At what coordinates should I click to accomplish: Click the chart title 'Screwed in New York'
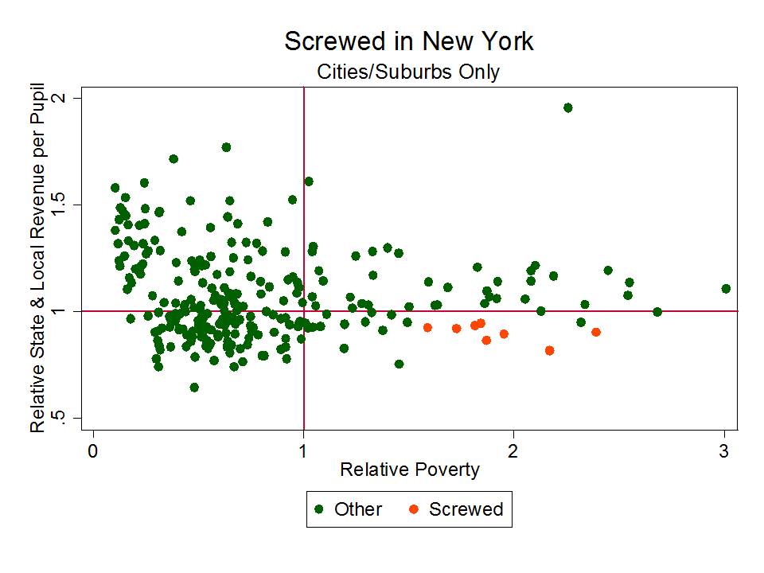tap(408, 41)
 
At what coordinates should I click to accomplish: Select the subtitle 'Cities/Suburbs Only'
tap(408, 72)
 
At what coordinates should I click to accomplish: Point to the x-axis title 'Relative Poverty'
tap(409, 470)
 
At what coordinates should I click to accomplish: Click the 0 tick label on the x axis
tap(93, 450)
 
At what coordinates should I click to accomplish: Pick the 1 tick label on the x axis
tap(303, 450)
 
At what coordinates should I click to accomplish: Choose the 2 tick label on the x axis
tap(514, 450)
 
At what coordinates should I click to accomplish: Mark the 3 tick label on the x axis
tap(724, 450)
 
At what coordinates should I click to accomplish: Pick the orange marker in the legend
tap(414, 509)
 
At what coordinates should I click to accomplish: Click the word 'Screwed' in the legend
tap(466, 509)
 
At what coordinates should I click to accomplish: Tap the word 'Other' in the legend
tap(358, 509)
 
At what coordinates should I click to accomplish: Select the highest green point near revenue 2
tap(567, 107)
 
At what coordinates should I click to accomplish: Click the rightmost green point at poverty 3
tap(725, 289)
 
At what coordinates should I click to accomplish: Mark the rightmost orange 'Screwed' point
tap(596, 332)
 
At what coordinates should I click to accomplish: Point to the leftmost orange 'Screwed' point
tap(427, 327)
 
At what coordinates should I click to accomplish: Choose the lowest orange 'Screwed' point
tap(549, 350)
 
